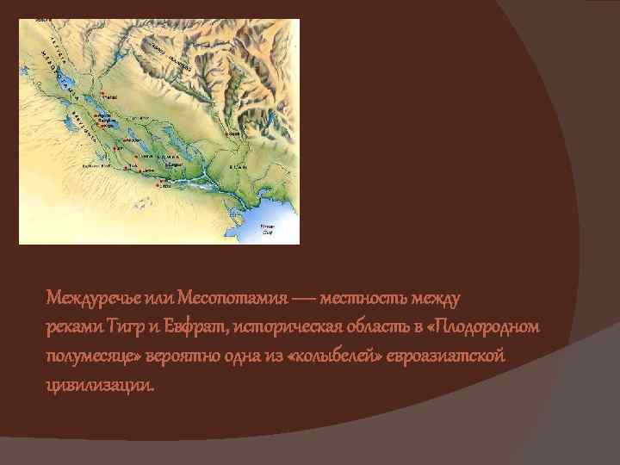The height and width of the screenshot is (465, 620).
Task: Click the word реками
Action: click(x=75, y=327)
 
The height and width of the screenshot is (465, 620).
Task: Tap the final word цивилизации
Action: click(x=101, y=386)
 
